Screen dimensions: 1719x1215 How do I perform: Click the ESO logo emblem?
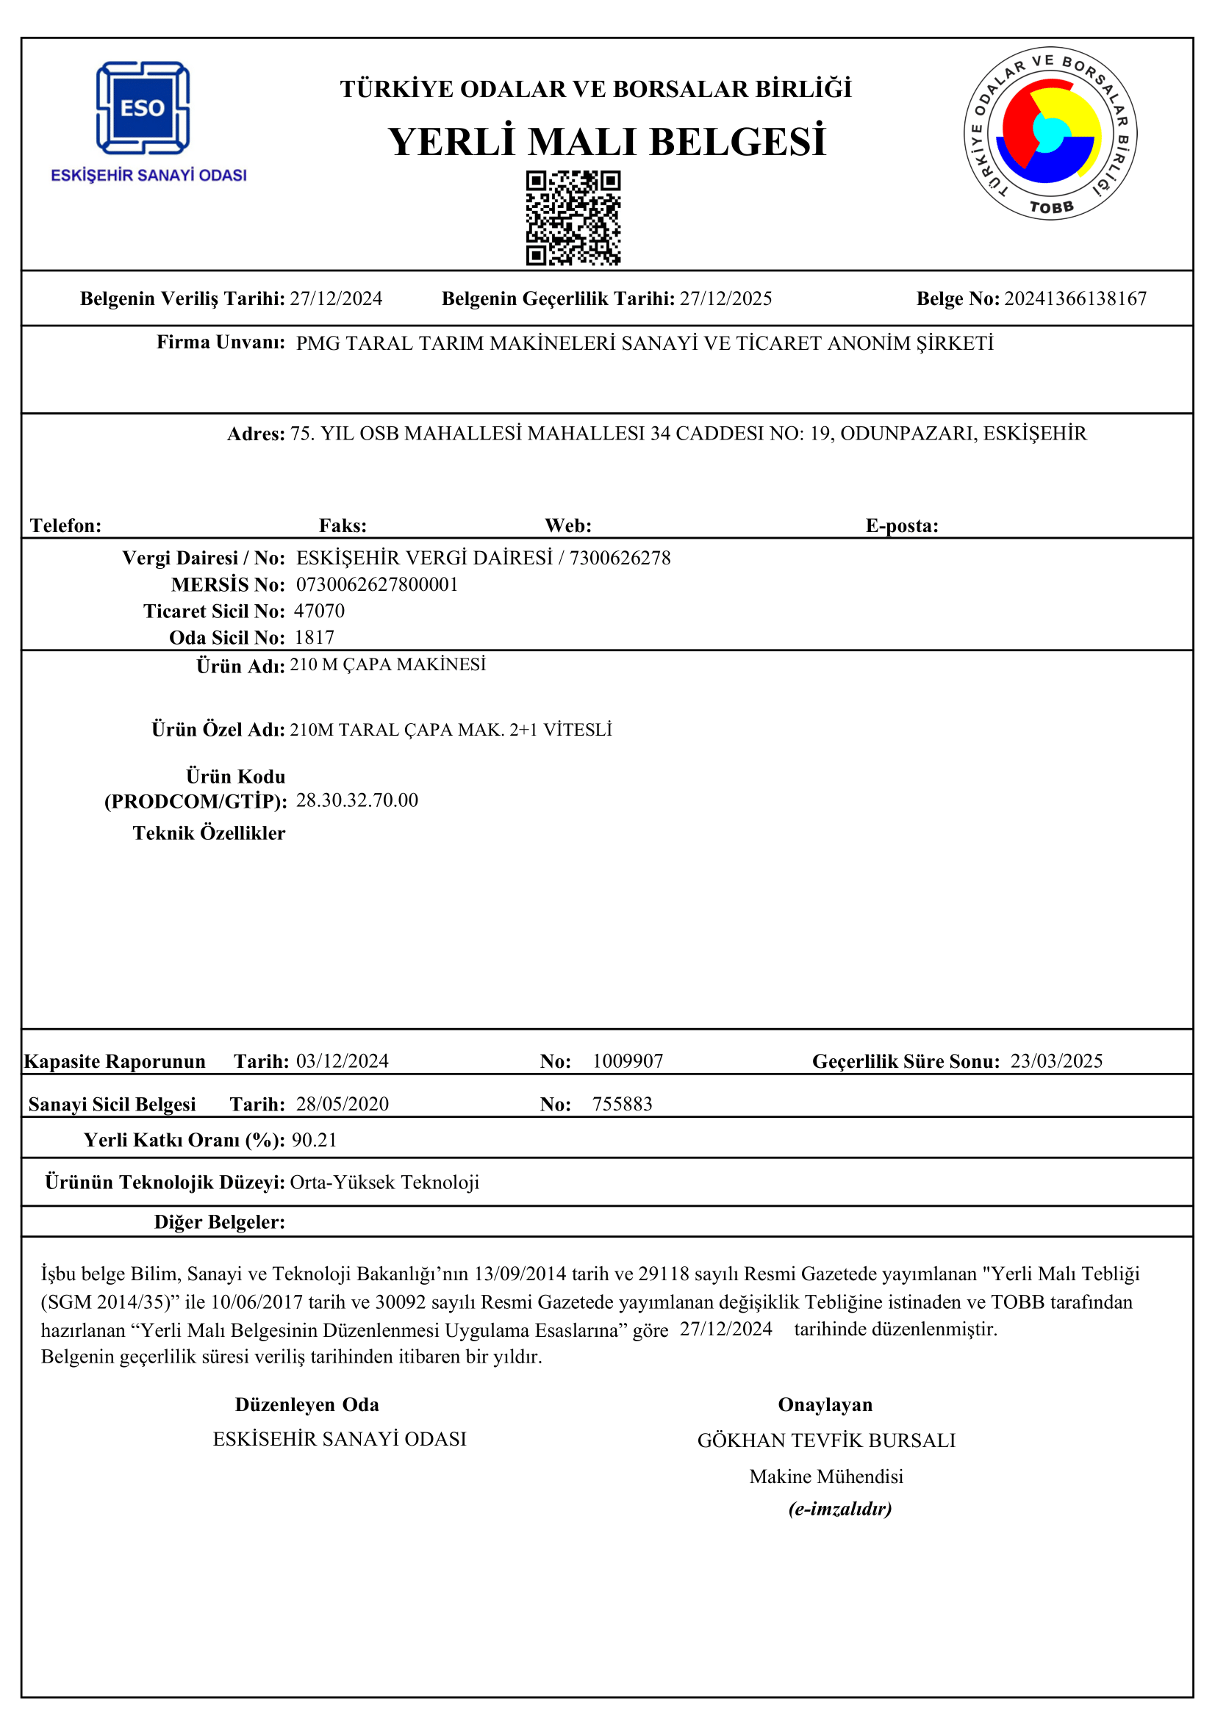[x=143, y=108]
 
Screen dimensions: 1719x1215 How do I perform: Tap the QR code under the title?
[x=573, y=218]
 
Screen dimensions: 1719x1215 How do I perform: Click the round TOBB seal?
[x=1050, y=134]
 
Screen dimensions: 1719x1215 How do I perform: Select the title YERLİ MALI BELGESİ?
[x=606, y=142]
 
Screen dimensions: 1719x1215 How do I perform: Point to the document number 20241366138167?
[x=1075, y=298]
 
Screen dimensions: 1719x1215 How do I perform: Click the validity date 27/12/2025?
[x=725, y=298]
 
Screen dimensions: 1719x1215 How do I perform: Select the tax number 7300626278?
[x=620, y=558]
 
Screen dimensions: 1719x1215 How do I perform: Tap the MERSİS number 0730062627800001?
[x=377, y=584]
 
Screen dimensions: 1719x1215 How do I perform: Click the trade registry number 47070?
[x=320, y=611]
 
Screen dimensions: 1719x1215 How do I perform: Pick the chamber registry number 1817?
[x=315, y=637]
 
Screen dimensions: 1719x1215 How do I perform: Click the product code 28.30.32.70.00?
[x=357, y=800]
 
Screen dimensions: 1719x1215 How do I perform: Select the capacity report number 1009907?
[x=627, y=1061]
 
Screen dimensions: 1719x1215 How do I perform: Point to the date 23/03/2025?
[x=1056, y=1061]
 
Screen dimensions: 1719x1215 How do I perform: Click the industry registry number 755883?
[x=622, y=1104]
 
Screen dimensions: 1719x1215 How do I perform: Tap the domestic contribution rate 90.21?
[x=315, y=1140]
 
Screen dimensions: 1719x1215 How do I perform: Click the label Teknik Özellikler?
[x=209, y=833]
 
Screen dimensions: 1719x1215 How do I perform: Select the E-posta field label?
[x=901, y=525]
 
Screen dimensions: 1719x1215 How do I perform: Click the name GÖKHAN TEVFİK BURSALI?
[x=825, y=1440]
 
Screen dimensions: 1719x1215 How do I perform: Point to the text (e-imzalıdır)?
[x=840, y=1508]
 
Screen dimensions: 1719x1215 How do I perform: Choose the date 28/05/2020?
[x=342, y=1104]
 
